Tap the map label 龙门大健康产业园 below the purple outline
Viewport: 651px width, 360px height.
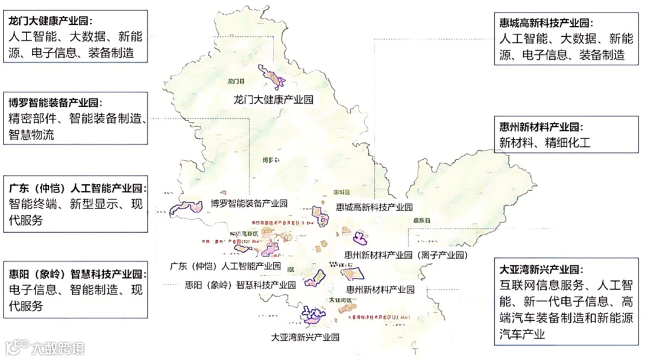tap(274, 99)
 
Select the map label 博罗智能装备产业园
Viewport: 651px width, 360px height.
tap(249, 203)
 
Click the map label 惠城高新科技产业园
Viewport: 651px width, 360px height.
tap(374, 207)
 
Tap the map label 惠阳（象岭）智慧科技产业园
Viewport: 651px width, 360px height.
tap(240, 284)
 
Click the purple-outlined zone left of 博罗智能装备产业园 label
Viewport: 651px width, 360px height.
tap(187, 208)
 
